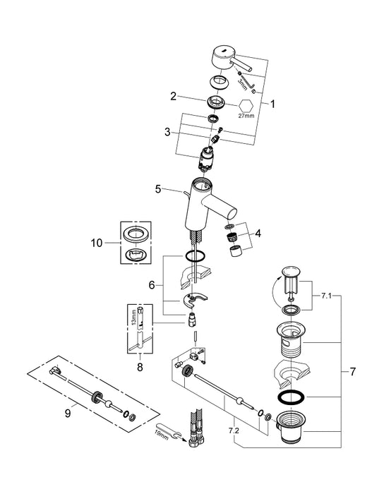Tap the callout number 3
click(x=167, y=131)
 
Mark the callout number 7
click(x=352, y=370)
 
